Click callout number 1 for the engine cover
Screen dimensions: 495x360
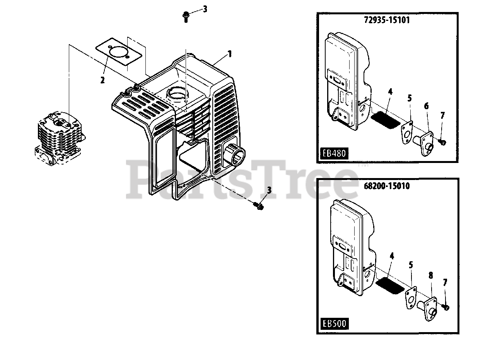point(230,54)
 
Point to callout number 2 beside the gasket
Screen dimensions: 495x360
point(102,80)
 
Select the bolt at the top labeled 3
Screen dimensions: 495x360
point(186,16)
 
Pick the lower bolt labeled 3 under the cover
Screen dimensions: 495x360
point(260,207)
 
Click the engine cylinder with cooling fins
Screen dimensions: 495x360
point(60,135)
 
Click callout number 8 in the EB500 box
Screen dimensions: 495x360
point(430,276)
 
